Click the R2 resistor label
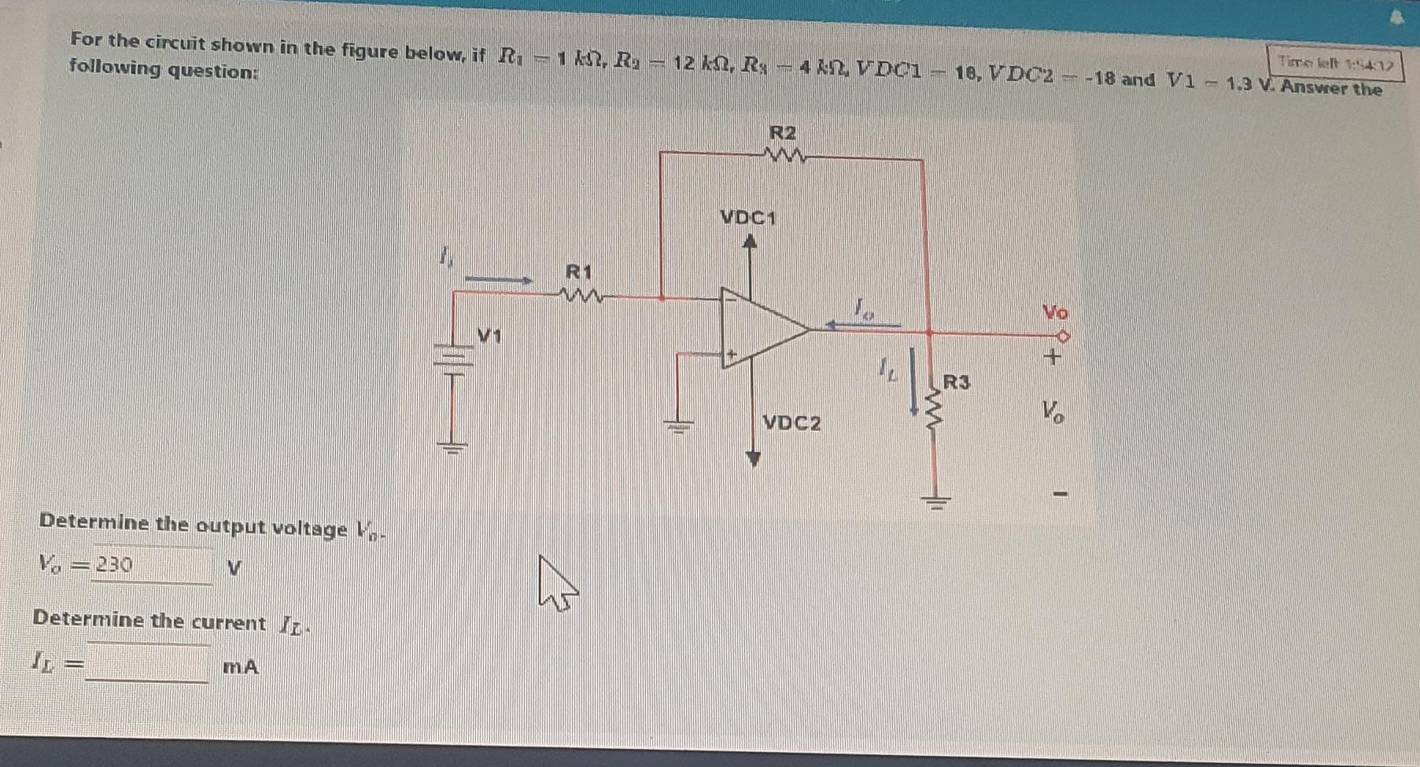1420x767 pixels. (782, 133)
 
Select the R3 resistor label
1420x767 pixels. (957, 383)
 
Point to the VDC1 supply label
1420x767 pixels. (747, 217)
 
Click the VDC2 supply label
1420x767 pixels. (791, 423)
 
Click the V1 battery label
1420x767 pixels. (489, 337)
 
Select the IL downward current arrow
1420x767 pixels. (913, 382)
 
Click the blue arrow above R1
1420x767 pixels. (499, 279)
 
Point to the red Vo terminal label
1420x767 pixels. (1055, 312)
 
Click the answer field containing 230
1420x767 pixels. (152, 566)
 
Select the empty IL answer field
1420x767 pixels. (148, 665)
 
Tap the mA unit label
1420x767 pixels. (240, 667)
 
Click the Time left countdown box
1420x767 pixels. (1335, 63)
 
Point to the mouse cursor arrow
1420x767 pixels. (555, 582)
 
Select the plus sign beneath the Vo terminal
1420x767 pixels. (1052, 357)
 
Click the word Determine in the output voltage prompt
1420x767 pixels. (94, 522)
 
